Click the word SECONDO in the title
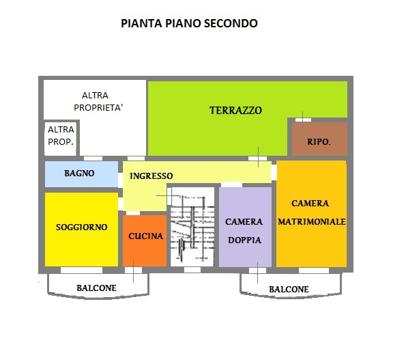click(231, 23)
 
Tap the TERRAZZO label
click(235, 111)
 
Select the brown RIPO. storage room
click(320, 139)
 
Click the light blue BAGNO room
click(82, 174)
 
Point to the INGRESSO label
click(151, 176)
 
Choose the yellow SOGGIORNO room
click(82, 229)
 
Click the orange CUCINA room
click(145, 240)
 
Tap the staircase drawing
click(192, 227)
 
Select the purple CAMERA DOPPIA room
click(245, 227)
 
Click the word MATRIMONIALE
click(312, 222)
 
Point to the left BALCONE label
click(96, 288)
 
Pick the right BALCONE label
click(289, 289)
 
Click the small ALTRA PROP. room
click(61, 139)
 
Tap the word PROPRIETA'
click(98, 107)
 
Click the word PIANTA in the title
click(141, 23)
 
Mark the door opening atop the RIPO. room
click(303, 120)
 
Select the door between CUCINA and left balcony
click(133, 270)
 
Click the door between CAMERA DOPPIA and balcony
click(257, 271)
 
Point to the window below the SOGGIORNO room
click(82, 270)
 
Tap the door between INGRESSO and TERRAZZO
click(257, 158)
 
